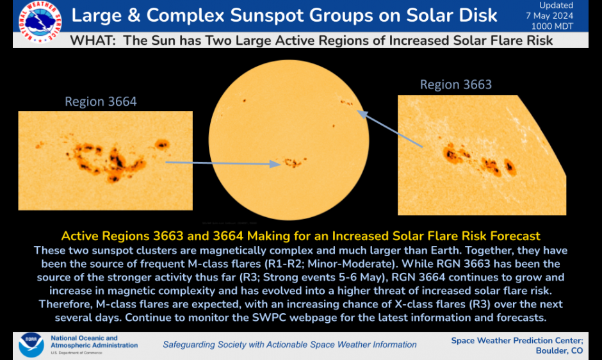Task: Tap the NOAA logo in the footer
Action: click(31, 345)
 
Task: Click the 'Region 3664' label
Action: click(101, 101)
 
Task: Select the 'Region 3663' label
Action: click(455, 85)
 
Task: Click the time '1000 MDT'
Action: click(553, 26)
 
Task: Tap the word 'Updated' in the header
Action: click(556, 6)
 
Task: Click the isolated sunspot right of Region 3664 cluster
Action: click(161, 144)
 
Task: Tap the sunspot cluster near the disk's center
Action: click(293, 162)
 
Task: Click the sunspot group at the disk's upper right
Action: click(346, 102)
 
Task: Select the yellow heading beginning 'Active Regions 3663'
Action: click(300, 236)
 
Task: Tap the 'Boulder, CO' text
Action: click(559, 351)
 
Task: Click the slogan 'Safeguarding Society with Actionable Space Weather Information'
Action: click(289, 345)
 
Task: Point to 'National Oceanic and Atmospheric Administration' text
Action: click(94, 341)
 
